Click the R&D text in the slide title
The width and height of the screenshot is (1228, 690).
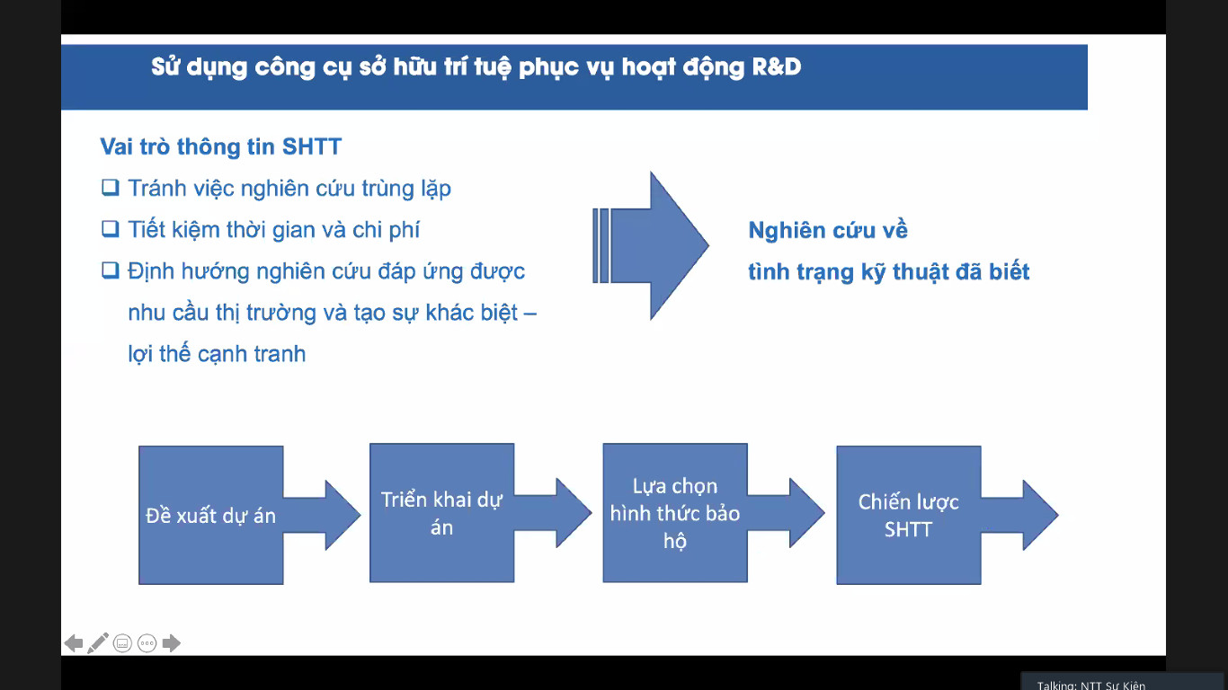(x=777, y=66)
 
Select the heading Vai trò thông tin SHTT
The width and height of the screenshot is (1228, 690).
(x=220, y=146)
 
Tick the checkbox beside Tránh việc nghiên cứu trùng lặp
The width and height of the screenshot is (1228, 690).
(x=111, y=188)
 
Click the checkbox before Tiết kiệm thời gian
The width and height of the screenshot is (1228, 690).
(x=111, y=228)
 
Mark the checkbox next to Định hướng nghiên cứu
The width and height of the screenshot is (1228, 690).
(x=111, y=270)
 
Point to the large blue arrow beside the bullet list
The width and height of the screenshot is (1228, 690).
(x=651, y=245)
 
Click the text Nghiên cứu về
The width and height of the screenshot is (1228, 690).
(x=828, y=230)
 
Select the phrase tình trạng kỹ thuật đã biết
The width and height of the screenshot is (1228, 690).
(x=889, y=272)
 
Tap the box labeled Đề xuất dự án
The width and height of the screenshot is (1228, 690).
(x=211, y=515)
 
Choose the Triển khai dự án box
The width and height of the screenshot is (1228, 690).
(x=442, y=513)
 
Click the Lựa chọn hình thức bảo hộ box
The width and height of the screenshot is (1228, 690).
(x=675, y=513)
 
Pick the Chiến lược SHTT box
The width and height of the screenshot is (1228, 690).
(x=908, y=515)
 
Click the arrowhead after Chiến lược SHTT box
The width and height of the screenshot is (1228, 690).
(x=1040, y=515)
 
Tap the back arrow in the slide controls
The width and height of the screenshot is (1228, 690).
(x=74, y=643)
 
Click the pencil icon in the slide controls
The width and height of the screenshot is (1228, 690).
(x=98, y=643)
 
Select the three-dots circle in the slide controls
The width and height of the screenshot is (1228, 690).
(x=147, y=643)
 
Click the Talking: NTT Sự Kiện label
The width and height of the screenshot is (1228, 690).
(x=1091, y=686)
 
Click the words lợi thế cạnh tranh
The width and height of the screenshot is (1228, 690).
(x=217, y=354)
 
